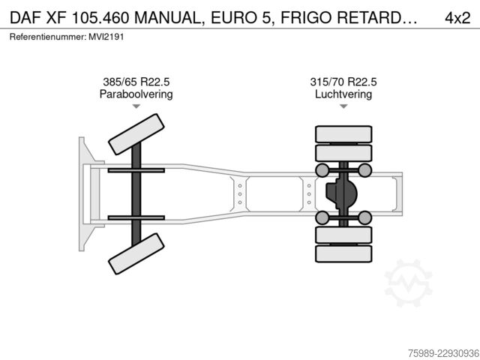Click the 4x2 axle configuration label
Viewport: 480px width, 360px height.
coord(457,18)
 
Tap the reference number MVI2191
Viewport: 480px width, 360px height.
coord(106,37)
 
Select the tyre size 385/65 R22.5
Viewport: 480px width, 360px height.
coord(136,82)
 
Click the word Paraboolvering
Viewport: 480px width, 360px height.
coord(136,94)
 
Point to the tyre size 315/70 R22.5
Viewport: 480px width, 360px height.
coord(343,82)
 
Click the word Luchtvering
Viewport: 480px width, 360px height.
coord(343,94)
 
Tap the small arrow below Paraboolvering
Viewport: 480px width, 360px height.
coord(136,106)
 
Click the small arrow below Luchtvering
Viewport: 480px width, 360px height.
coord(343,106)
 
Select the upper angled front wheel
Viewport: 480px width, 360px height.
coord(136,134)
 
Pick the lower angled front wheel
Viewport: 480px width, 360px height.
coord(136,253)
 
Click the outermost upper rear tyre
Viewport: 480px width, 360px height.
coord(343,134)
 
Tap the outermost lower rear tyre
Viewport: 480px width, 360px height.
coord(343,253)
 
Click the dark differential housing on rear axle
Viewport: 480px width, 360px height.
coord(341,193)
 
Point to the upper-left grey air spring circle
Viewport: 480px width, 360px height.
coord(322,170)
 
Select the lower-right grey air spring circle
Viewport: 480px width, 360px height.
coord(364,217)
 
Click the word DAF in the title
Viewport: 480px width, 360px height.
coord(25,18)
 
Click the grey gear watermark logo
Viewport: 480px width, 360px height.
coord(408,283)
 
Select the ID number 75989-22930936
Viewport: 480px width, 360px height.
coord(443,353)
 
